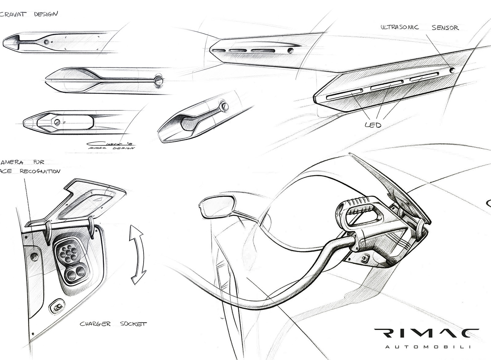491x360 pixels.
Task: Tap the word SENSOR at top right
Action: click(x=445, y=28)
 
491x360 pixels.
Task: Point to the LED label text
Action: click(x=373, y=125)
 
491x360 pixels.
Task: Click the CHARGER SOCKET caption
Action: click(x=113, y=324)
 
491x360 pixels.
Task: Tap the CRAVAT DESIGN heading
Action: click(x=29, y=14)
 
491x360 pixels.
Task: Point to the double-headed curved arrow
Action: click(x=137, y=254)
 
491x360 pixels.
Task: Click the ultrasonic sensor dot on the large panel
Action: click(x=452, y=70)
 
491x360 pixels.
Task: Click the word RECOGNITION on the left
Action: click(x=40, y=171)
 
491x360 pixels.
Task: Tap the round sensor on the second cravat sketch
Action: click(x=158, y=80)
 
